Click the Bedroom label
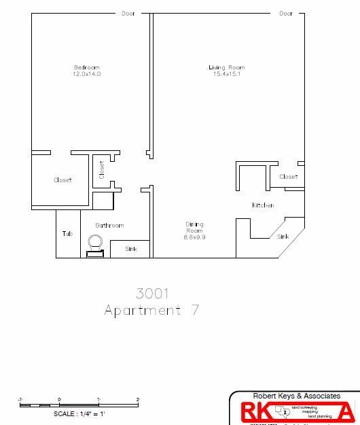(87, 67)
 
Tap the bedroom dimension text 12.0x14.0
(87, 74)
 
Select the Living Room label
(226, 67)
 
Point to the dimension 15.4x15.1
(226, 74)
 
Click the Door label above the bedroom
(128, 14)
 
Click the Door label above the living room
(286, 14)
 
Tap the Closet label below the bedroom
(62, 180)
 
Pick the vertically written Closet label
(102, 169)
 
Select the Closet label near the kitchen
(289, 177)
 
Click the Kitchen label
(263, 205)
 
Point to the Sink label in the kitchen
(283, 237)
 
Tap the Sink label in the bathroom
(131, 249)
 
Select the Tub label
(67, 234)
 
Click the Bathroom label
(109, 226)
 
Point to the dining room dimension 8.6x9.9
(194, 237)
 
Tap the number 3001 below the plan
(152, 294)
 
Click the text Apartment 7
(151, 311)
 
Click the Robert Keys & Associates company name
(296, 396)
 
